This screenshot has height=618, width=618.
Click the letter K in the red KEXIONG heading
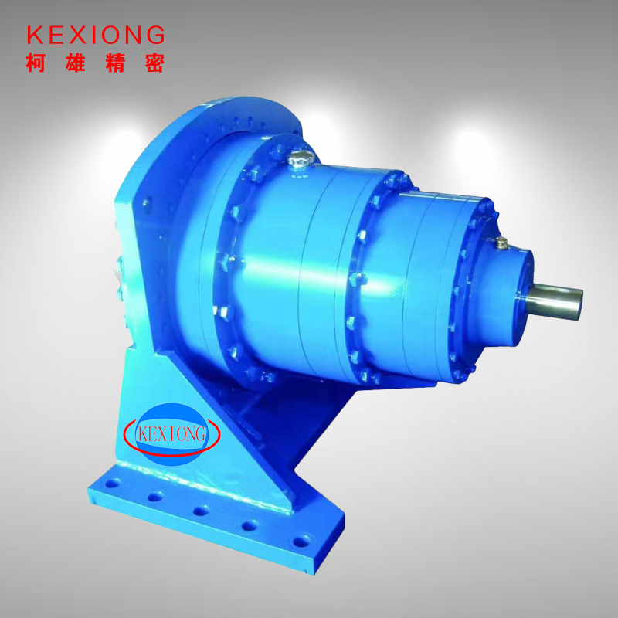[35, 35]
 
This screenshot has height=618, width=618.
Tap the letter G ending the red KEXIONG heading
[156, 35]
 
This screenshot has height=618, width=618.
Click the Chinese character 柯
[36, 63]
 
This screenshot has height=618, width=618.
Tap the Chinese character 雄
[75, 63]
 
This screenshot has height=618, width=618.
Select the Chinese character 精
[115, 63]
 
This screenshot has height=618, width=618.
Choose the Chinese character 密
[154, 63]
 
